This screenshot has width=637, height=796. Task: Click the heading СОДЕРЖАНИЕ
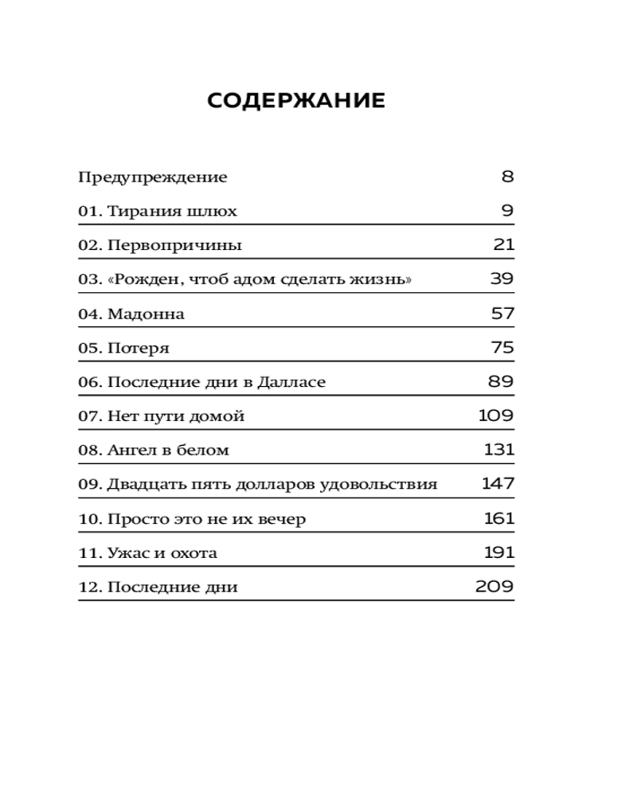296,101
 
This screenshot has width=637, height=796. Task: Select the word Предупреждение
152,178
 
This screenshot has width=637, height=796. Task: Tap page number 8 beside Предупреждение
508,177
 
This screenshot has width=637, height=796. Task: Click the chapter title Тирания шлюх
172,212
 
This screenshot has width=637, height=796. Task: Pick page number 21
504,245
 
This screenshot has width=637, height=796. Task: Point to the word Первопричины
174,246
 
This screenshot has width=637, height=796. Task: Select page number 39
502,279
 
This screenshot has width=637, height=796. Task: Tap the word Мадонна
146,314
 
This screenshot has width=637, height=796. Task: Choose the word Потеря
139,349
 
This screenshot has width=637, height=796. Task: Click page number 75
502,348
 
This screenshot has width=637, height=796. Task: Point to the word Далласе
291,383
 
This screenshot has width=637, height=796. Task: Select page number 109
496,416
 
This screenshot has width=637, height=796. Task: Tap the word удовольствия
390,485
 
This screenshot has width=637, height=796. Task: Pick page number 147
498,484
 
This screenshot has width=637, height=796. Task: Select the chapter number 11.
88,553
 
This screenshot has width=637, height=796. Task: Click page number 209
494,587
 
